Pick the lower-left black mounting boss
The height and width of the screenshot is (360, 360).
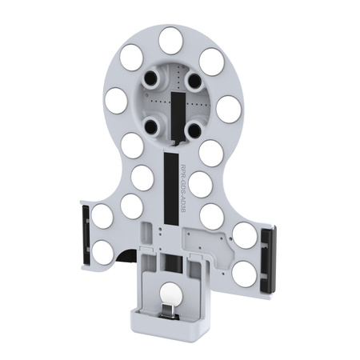pos(149,124)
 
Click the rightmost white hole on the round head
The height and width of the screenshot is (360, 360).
pos(227,108)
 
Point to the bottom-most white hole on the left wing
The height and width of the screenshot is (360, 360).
pos(102,252)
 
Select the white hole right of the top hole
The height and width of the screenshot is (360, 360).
pos(210,60)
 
